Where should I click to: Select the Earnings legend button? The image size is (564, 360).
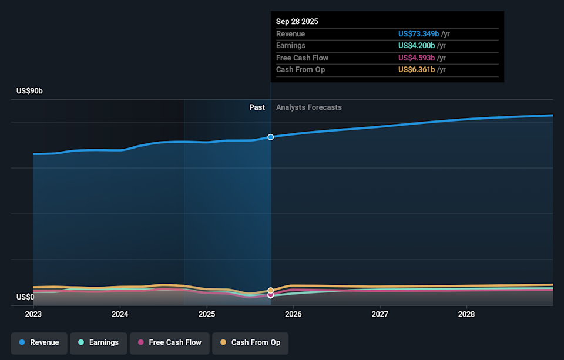[x=98, y=342]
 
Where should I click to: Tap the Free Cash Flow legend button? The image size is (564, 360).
[x=169, y=342]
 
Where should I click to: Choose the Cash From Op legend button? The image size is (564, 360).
[x=250, y=342]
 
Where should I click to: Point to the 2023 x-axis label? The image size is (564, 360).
[x=33, y=314]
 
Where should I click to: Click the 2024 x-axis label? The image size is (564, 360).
[x=120, y=314]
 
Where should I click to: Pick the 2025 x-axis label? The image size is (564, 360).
[x=207, y=314]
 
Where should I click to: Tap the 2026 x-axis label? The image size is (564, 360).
[x=293, y=314]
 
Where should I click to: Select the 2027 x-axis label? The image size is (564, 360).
[x=380, y=314]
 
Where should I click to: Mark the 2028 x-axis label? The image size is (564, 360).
[x=466, y=314]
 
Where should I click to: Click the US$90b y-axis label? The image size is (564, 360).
[x=29, y=91]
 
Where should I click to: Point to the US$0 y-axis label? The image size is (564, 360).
[x=25, y=297]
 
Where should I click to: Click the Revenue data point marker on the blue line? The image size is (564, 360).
[x=271, y=137]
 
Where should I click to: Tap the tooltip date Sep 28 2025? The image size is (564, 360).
[x=297, y=21]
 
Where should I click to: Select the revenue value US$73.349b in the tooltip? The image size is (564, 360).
[x=417, y=34]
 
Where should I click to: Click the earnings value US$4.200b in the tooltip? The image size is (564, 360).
[x=417, y=46]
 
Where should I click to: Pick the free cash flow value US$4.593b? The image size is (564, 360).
[x=417, y=58]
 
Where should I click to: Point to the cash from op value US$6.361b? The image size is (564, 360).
[x=417, y=69]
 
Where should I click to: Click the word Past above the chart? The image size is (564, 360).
[x=257, y=107]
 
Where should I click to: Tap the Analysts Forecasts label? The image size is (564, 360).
[x=309, y=107]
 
